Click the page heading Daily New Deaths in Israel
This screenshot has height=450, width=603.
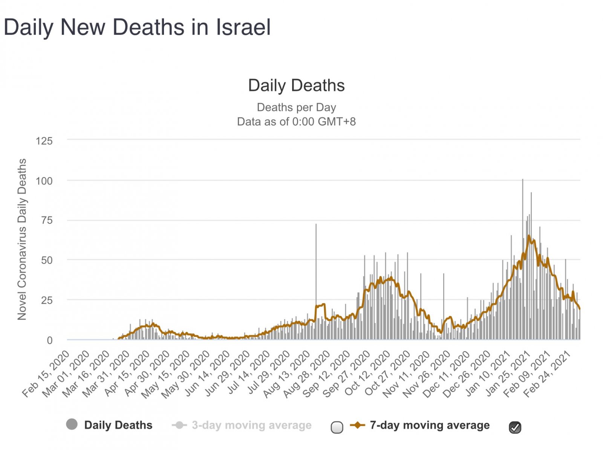coord(137,27)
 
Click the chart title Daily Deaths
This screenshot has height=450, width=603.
coord(296,85)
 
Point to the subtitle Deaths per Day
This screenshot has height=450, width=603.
coord(296,107)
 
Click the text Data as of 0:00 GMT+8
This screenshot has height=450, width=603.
coord(296,122)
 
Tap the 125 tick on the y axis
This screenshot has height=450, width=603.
coord(44,141)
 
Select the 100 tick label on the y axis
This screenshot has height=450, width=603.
coord(44,181)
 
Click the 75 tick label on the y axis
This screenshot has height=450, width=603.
coord(47,220)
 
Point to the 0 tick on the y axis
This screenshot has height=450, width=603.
coord(49,340)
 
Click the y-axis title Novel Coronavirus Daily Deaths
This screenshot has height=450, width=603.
coord(22,239)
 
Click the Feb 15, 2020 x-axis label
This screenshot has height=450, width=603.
coord(46,374)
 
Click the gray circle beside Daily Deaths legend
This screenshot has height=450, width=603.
coord(72,424)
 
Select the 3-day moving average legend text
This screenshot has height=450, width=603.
coord(251,425)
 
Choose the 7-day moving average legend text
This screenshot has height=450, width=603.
coord(430,425)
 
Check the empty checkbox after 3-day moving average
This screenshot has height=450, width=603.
coord(337,427)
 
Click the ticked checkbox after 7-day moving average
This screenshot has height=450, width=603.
coord(515,427)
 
